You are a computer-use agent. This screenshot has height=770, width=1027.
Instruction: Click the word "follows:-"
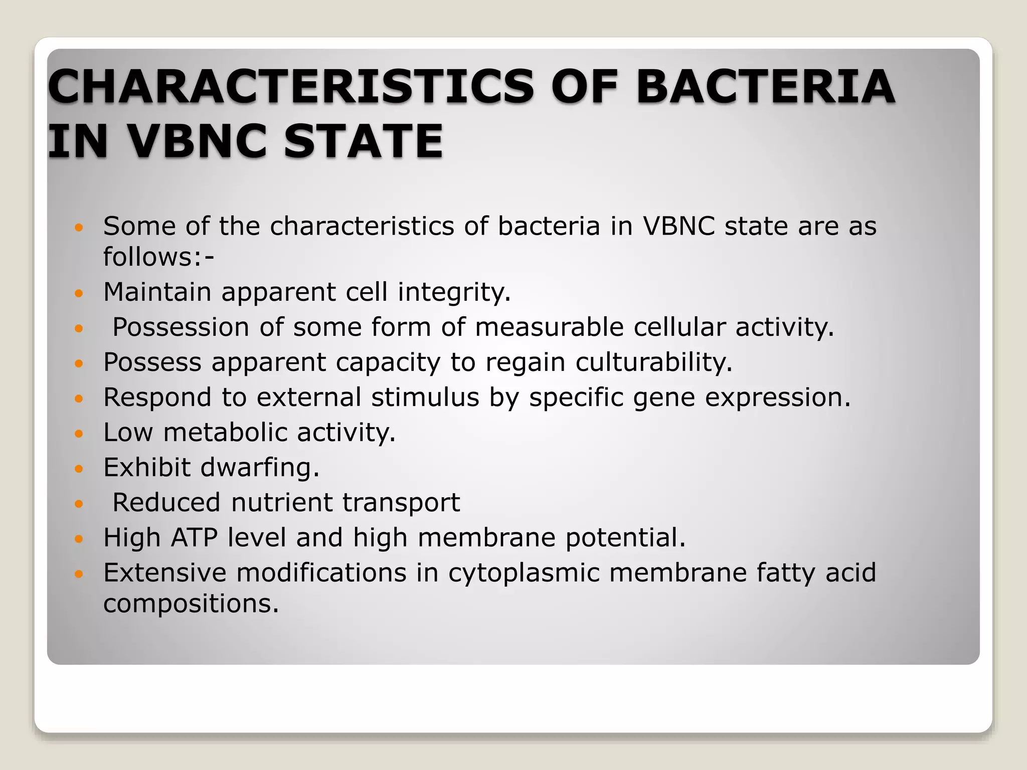pos(158,257)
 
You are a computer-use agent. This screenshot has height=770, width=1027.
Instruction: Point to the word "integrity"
pos(454,292)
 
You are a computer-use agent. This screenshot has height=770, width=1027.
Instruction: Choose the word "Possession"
pos(181,327)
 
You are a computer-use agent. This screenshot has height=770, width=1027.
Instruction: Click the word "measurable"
pos(549,327)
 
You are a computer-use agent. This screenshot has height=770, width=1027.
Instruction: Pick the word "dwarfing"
pos(259,468)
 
